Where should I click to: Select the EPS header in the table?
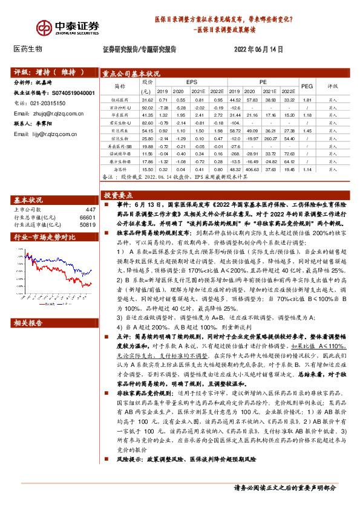tap(191, 80)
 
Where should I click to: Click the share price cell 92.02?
tap(147, 107)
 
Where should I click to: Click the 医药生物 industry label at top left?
tap(28, 49)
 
